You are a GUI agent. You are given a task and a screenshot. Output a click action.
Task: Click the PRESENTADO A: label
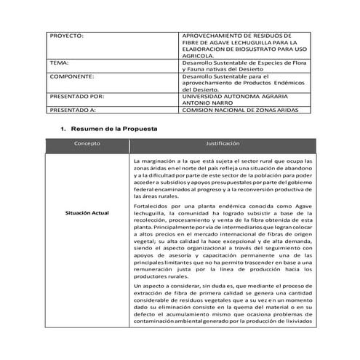pos(73,111)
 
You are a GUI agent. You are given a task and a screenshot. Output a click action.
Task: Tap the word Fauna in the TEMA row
pos(199,70)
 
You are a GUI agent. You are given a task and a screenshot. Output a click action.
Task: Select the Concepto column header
pos(87,144)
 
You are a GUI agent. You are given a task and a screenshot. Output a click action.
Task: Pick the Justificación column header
pos(223,144)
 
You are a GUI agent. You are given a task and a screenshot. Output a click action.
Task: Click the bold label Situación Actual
pos(87,212)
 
